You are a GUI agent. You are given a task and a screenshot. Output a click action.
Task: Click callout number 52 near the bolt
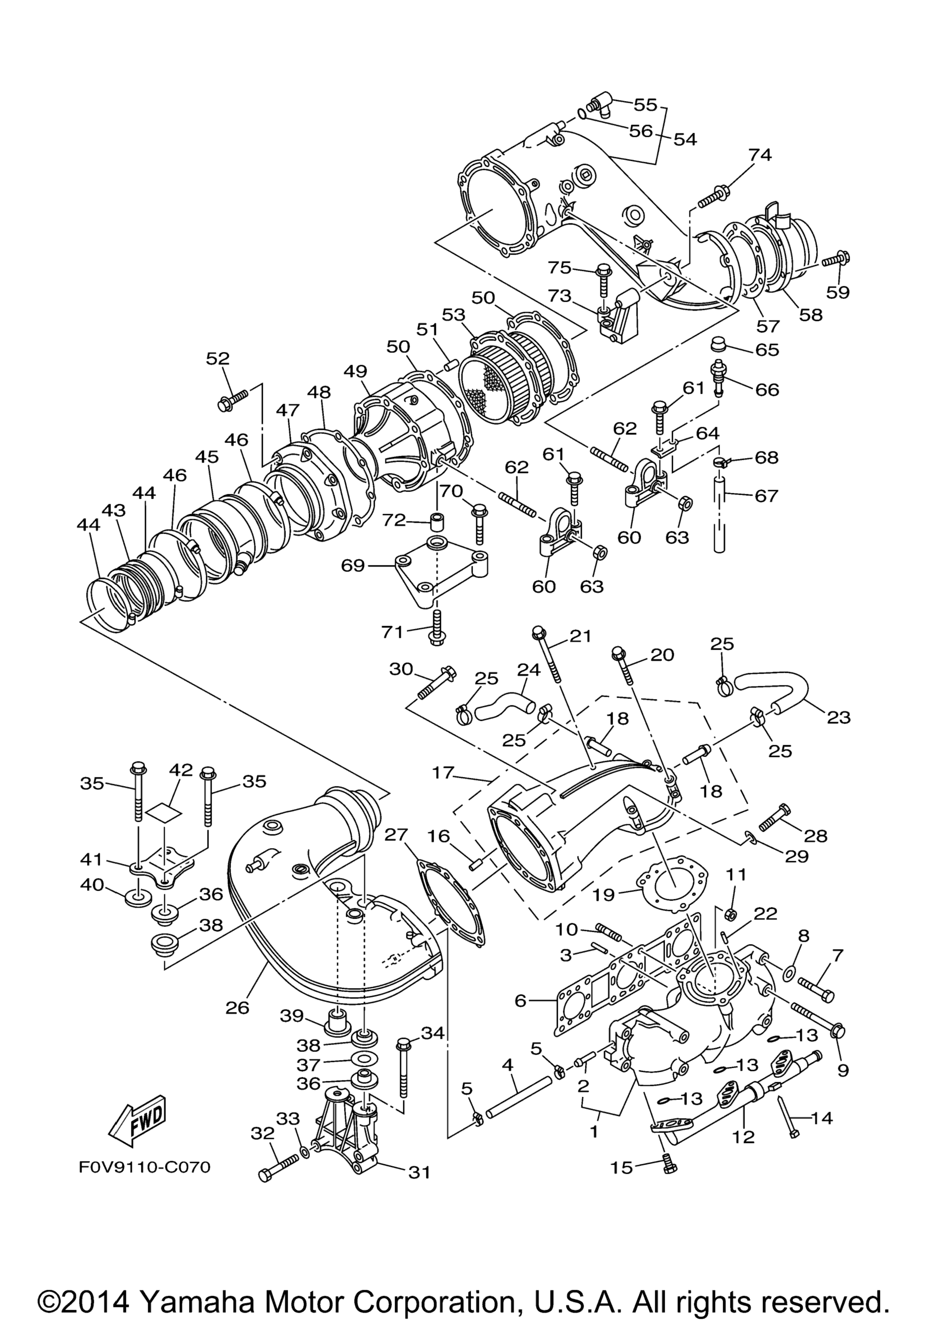pos(218,358)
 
